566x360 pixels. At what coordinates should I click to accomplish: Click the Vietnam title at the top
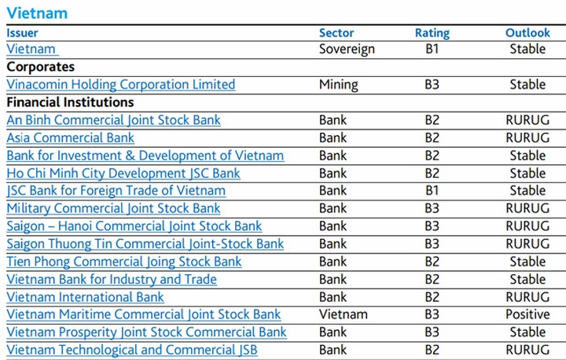[x=37, y=13]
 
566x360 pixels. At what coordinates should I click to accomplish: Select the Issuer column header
[x=22, y=33]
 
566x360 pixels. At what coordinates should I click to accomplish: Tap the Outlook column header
[x=527, y=33]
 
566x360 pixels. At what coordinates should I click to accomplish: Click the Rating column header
[x=432, y=33]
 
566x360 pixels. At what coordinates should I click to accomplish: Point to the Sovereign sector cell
[x=347, y=49]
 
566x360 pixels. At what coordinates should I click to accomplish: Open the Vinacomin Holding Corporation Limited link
[x=121, y=84]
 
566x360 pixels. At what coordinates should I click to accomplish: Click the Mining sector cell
[x=339, y=84]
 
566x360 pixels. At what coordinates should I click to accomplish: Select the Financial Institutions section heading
[x=70, y=102]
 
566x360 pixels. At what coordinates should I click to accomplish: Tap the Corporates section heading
[x=41, y=67]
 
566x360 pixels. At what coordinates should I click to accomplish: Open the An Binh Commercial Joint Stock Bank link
[x=114, y=120]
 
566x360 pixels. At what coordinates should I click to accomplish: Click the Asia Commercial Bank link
[x=71, y=138]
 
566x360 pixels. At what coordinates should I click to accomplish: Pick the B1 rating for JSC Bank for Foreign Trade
[x=432, y=190]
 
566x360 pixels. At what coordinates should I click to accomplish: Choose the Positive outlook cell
[x=527, y=314]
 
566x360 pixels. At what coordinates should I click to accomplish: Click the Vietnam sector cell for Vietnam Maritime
[x=344, y=314]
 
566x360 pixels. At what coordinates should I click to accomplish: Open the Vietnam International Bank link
[x=86, y=297]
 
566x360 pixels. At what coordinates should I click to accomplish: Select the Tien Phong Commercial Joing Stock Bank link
[x=124, y=262]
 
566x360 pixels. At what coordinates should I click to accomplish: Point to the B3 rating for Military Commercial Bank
[x=432, y=208]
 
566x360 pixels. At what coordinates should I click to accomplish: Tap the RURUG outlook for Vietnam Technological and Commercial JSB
[x=527, y=350]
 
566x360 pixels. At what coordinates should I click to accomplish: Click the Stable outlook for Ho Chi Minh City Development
[x=527, y=173]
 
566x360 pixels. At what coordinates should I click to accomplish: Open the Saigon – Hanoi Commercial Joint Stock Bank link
[x=134, y=226]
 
